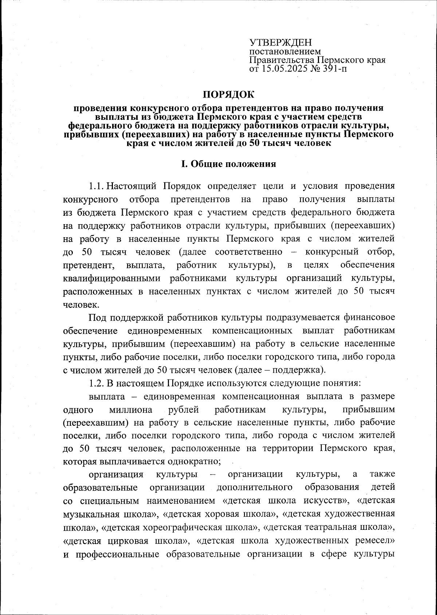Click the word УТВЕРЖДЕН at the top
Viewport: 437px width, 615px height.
coord(280,43)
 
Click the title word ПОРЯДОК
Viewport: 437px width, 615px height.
coord(229,95)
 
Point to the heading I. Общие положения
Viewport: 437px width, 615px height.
coord(229,164)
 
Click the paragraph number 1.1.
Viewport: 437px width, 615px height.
coord(97,186)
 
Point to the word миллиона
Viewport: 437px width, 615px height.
coord(131,409)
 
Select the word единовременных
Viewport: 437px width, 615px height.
coord(165,331)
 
